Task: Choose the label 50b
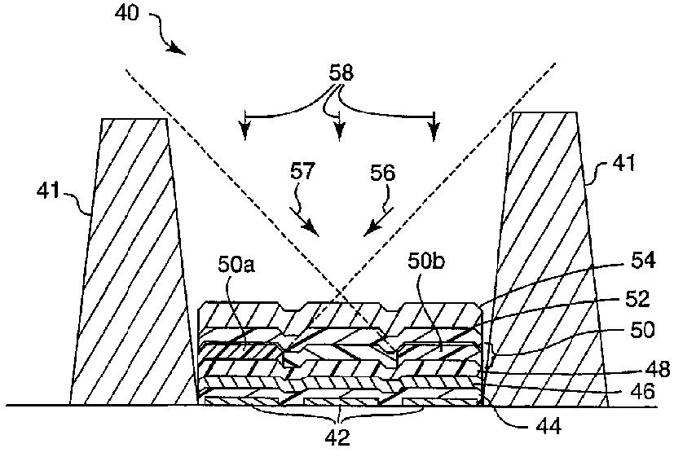(425, 266)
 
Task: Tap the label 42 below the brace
(337, 437)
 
